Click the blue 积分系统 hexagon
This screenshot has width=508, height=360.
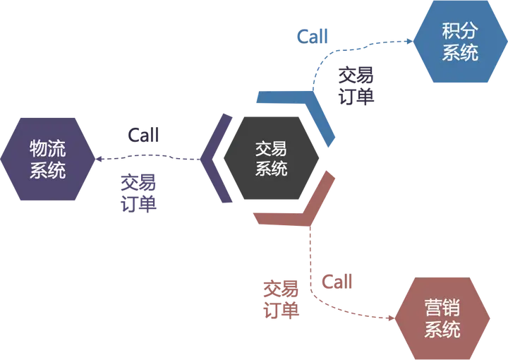[x=460, y=42]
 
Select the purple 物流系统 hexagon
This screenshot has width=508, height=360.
[x=48, y=159]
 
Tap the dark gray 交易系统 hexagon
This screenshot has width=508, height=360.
[x=272, y=158]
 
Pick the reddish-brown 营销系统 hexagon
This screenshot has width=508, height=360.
[x=442, y=318]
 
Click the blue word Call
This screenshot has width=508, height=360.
[x=313, y=36]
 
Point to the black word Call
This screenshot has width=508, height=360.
[x=143, y=135]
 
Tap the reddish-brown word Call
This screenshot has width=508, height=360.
[x=337, y=282]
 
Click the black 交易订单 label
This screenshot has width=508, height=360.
[x=356, y=86]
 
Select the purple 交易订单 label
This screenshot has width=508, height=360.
[x=139, y=193]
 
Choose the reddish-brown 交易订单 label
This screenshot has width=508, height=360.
[x=281, y=300]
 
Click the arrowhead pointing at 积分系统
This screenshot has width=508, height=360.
[x=410, y=41]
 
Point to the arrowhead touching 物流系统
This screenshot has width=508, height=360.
[x=99, y=159]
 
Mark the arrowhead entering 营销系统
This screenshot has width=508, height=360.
[x=391, y=318]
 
